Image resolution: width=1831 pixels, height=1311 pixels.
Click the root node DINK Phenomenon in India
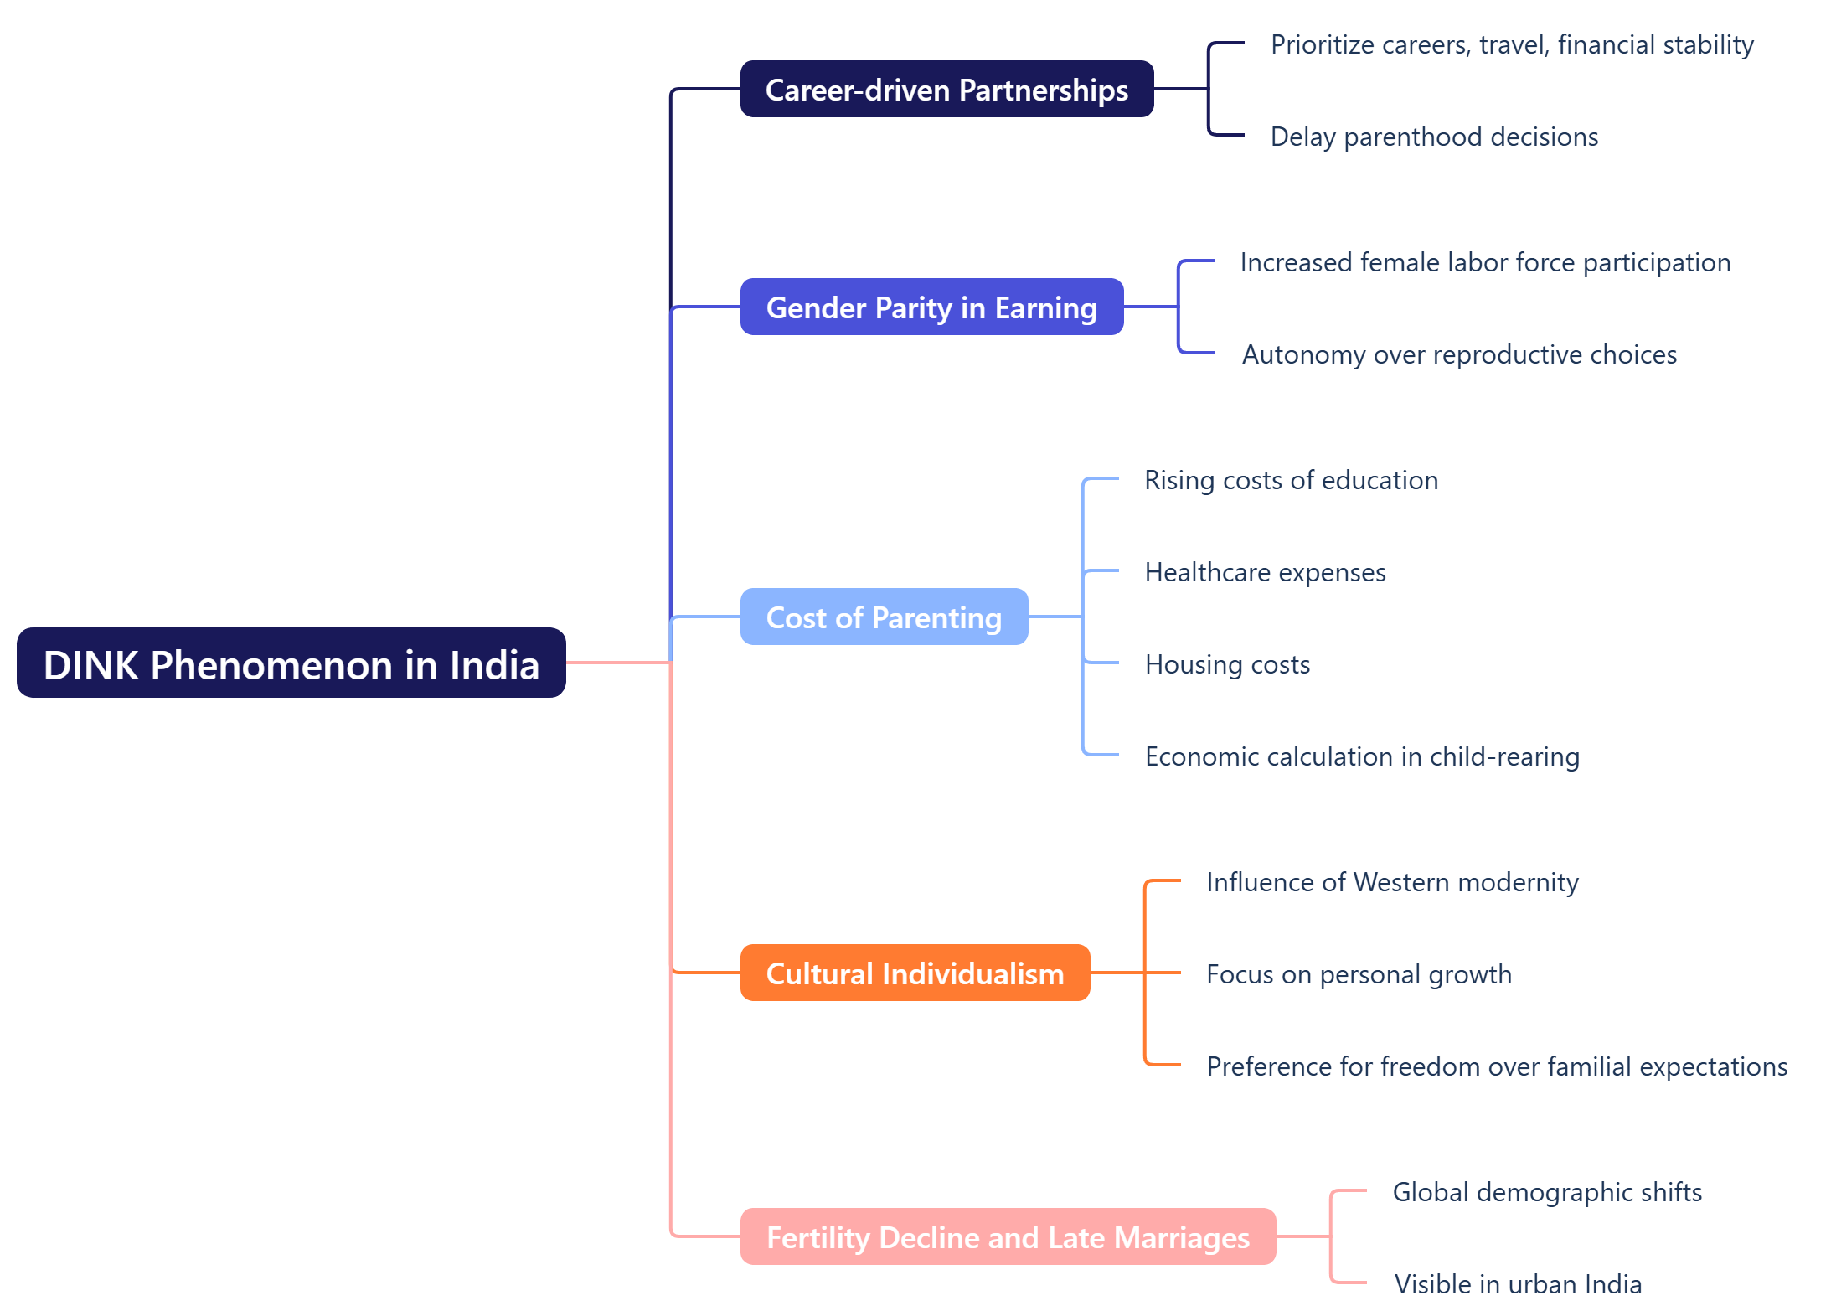[x=291, y=663]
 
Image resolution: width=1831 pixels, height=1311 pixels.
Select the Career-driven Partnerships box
[x=946, y=90]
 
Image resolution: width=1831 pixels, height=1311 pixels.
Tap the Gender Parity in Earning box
[x=931, y=307]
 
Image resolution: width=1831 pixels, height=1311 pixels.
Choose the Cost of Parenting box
[x=884, y=617]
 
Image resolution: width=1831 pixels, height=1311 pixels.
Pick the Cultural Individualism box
[x=915, y=973]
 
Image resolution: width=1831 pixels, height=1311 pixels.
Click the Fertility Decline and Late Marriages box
[x=1008, y=1237]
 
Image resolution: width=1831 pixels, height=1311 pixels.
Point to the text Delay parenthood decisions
[x=1434, y=137]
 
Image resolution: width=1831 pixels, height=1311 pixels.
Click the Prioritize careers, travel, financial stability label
[x=1512, y=44]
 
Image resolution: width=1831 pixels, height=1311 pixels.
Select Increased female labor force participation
[x=1485, y=262]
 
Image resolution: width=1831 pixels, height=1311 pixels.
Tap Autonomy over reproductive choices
[x=1459, y=354]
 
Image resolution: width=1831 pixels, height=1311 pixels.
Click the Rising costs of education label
[x=1291, y=480]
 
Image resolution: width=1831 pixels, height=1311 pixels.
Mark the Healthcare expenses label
[x=1265, y=572]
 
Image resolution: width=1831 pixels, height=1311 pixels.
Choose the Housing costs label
[x=1227, y=664]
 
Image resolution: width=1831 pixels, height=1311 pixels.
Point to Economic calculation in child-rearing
[x=1362, y=756]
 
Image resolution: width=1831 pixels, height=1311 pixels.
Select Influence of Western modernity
[x=1392, y=882]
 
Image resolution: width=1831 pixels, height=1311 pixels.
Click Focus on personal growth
[x=1359, y=974]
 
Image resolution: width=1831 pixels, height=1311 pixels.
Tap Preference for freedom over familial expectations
[x=1497, y=1066]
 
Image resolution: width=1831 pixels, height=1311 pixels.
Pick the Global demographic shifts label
[x=1547, y=1192]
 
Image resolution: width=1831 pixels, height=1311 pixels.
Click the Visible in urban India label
[x=1518, y=1284]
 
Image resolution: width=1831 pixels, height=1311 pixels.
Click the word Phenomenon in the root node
[x=272, y=665]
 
